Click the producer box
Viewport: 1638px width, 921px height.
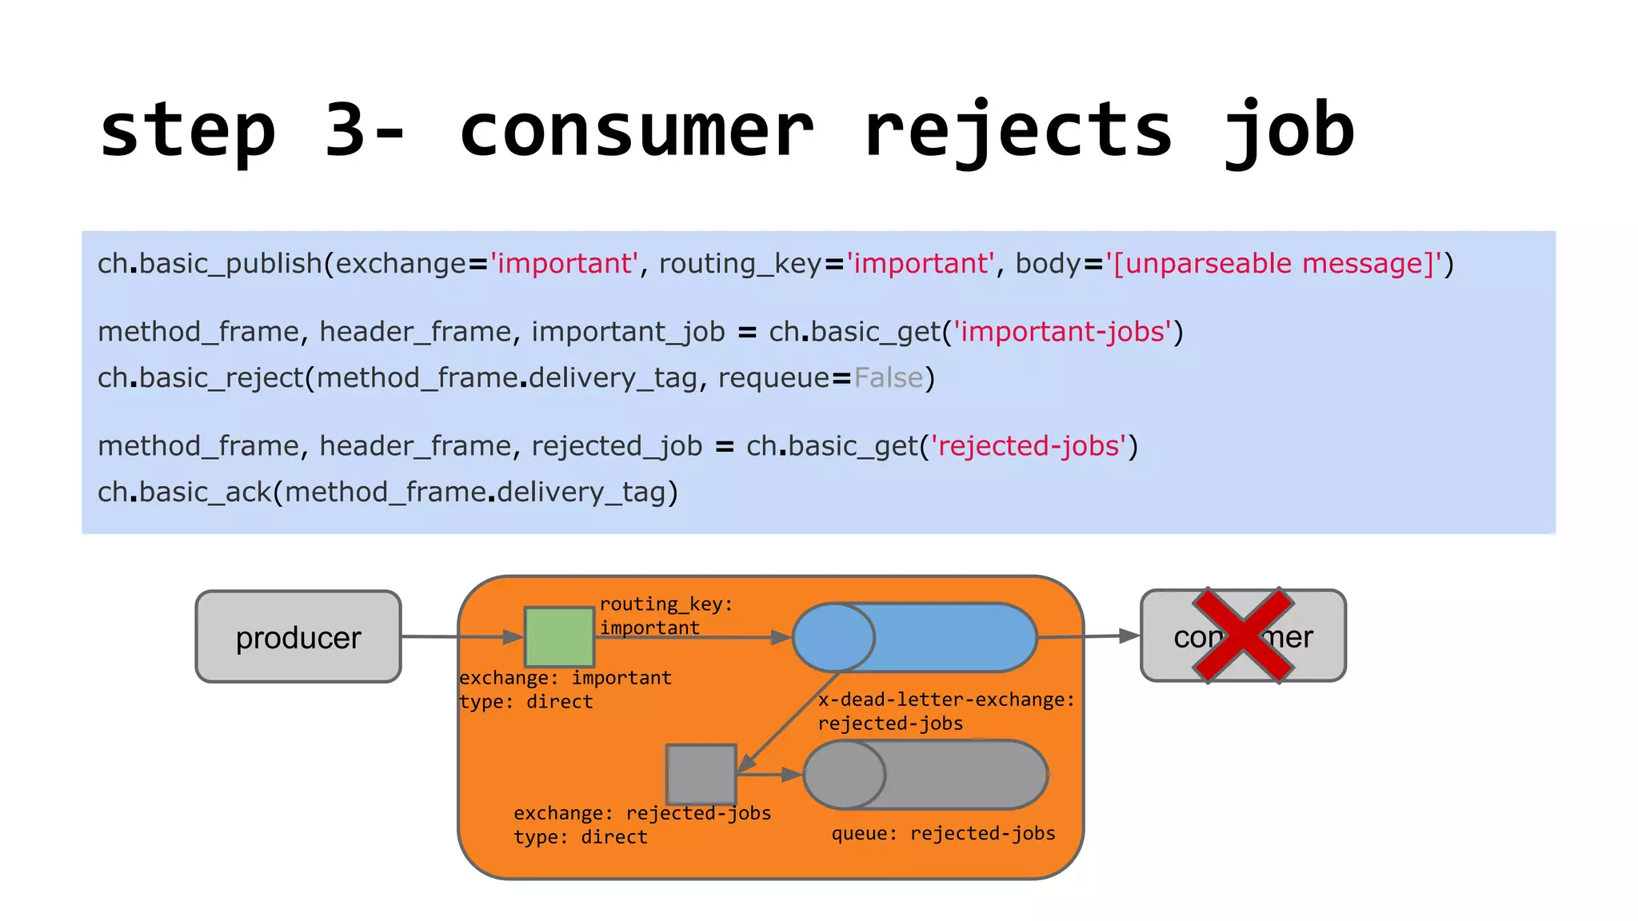pos(298,636)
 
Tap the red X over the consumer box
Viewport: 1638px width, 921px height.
pos(1242,636)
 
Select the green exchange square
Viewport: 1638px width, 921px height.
pos(559,636)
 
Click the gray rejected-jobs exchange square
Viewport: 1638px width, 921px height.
pos(701,774)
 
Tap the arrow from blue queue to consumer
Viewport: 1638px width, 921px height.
pos(1088,636)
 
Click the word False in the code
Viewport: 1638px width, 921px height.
pos(888,377)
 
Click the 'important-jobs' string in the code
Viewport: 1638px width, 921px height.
pos(1062,331)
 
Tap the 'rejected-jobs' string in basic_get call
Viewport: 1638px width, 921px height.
pos(1028,445)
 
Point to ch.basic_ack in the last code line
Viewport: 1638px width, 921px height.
pos(184,492)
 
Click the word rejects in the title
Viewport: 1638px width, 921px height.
pos(1017,130)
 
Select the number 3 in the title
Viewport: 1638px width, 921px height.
pos(345,130)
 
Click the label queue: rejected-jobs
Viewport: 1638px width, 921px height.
pos(943,833)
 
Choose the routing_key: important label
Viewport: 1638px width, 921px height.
pos(665,616)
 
